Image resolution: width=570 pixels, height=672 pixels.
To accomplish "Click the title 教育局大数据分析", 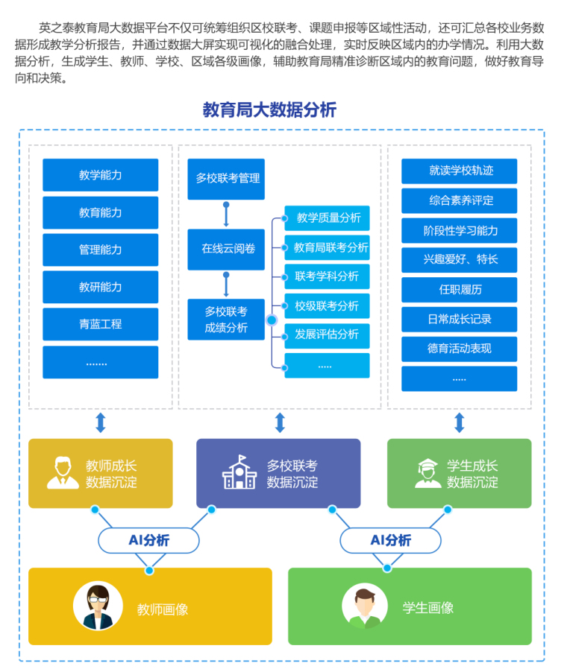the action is coord(269,110).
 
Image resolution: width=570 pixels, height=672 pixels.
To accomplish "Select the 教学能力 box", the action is coord(101,175).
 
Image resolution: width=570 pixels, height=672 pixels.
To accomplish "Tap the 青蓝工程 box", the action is coord(101,324).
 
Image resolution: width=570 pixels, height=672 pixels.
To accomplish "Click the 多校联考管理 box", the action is coord(226,179).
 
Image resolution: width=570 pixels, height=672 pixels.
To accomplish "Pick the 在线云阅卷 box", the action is coord(226,249).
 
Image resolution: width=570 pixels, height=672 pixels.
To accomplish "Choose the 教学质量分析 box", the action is coord(327,218).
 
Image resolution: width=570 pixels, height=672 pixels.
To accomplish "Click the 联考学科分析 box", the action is coord(327,276).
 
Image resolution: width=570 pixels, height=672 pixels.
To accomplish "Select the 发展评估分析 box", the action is coord(327,335).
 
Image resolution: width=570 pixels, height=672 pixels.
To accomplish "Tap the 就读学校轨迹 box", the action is coord(460,171).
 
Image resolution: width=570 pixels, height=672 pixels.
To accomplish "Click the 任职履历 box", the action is coord(460,290).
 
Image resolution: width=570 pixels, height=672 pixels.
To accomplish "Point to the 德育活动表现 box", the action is coord(460,349).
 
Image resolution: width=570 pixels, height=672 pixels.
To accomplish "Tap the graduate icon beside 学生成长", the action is coord(428,473).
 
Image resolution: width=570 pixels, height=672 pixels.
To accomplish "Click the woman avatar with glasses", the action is coord(98,606).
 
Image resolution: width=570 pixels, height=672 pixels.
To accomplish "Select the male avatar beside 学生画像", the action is coord(365,606).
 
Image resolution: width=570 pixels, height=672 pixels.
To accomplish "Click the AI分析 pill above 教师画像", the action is coord(149,540).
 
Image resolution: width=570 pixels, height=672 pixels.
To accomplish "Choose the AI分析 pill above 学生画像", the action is coord(391,540).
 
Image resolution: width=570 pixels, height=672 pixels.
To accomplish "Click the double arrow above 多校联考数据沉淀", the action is coord(280,422).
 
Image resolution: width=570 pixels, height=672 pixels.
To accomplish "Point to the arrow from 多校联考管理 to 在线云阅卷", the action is coord(226,215).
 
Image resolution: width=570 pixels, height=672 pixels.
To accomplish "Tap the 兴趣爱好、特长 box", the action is coord(460,260).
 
